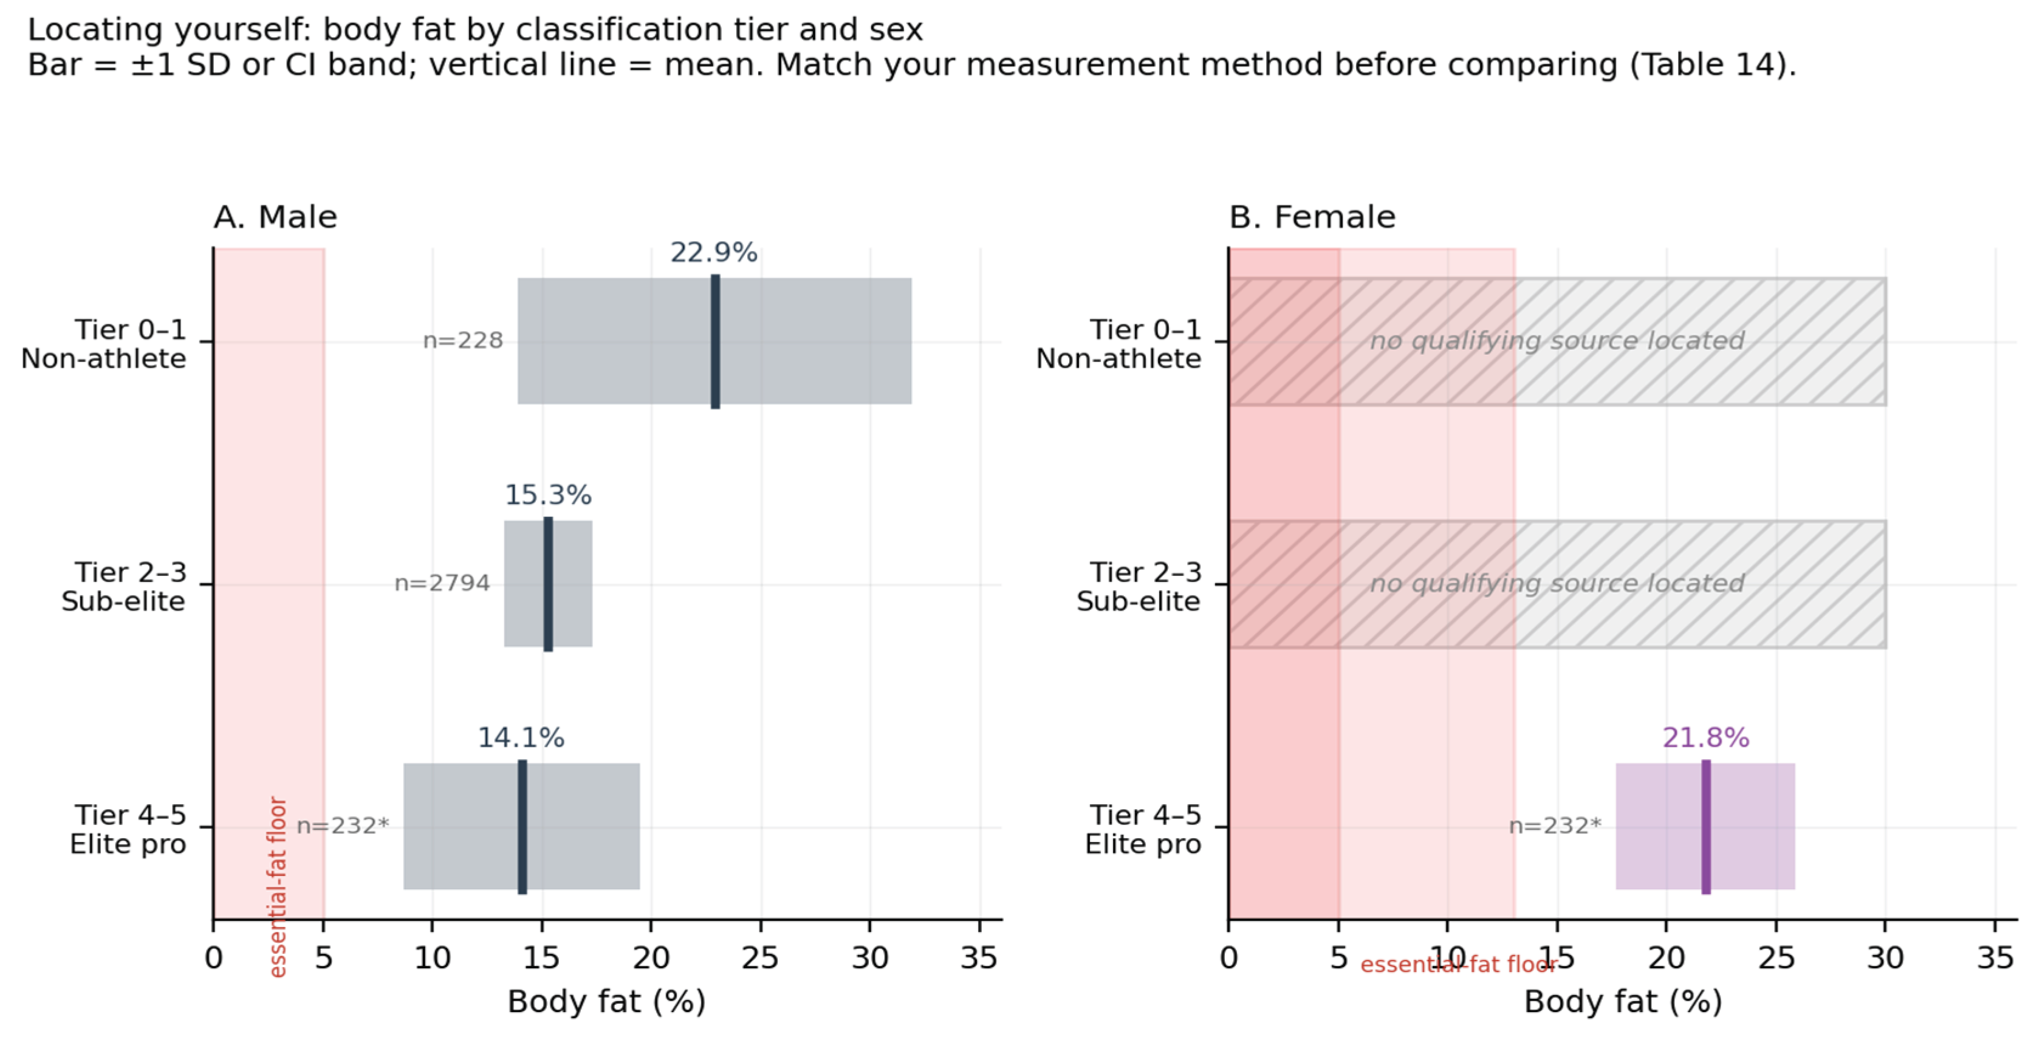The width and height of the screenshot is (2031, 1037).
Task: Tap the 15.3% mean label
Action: click(548, 495)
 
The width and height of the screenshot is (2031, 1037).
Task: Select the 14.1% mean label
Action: click(521, 738)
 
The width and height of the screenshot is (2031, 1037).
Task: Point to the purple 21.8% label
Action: click(1705, 738)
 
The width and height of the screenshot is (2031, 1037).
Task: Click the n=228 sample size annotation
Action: click(463, 341)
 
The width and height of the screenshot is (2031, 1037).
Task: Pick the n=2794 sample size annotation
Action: click(442, 584)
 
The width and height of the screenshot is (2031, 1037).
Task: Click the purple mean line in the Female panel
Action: click(1705, 826)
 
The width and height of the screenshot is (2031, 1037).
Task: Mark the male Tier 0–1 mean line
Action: click(715, 341)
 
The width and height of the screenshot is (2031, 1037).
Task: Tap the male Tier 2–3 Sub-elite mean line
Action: click(548, 584)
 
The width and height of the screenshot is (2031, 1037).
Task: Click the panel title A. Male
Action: click(275, 217)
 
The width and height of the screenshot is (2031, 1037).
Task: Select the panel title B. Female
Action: click(1312, 217)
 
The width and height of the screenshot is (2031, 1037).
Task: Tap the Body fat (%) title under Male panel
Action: click(606, 1002)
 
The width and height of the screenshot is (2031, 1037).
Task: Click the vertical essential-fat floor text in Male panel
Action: click(278, 887)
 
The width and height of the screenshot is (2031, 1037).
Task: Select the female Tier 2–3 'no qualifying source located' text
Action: click(1557, 584)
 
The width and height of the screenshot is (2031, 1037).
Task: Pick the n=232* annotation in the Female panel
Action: click(1555, 826)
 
